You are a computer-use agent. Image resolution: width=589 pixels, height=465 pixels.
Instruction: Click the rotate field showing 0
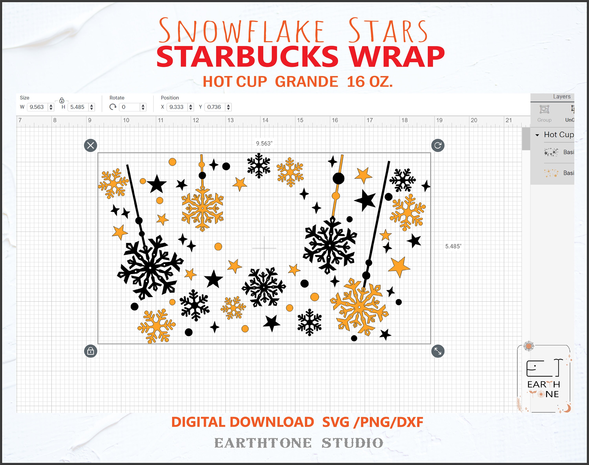[129, 107]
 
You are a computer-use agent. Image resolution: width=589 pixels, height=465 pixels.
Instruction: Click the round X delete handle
[91, 145]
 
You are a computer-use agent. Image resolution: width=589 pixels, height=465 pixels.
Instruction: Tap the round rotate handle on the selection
[438, 145]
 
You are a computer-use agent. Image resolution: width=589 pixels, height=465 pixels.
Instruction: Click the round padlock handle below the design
[91, 351]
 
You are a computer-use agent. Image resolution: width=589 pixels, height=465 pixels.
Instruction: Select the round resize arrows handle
[438, 351]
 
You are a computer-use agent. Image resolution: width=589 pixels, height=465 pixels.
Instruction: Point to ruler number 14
[265, 120]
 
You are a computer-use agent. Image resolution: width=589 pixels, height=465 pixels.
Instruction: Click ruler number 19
[439, 120]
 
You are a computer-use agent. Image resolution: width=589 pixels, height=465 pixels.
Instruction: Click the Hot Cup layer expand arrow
[537, 135]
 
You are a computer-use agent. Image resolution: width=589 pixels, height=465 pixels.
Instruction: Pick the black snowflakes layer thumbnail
[551, 152]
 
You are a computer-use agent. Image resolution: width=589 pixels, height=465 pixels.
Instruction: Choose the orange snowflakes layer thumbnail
[551, 173]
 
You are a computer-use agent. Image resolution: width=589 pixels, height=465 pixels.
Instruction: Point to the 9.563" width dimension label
[264, 144]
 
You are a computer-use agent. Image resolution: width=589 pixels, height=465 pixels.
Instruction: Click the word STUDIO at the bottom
[353, 443]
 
